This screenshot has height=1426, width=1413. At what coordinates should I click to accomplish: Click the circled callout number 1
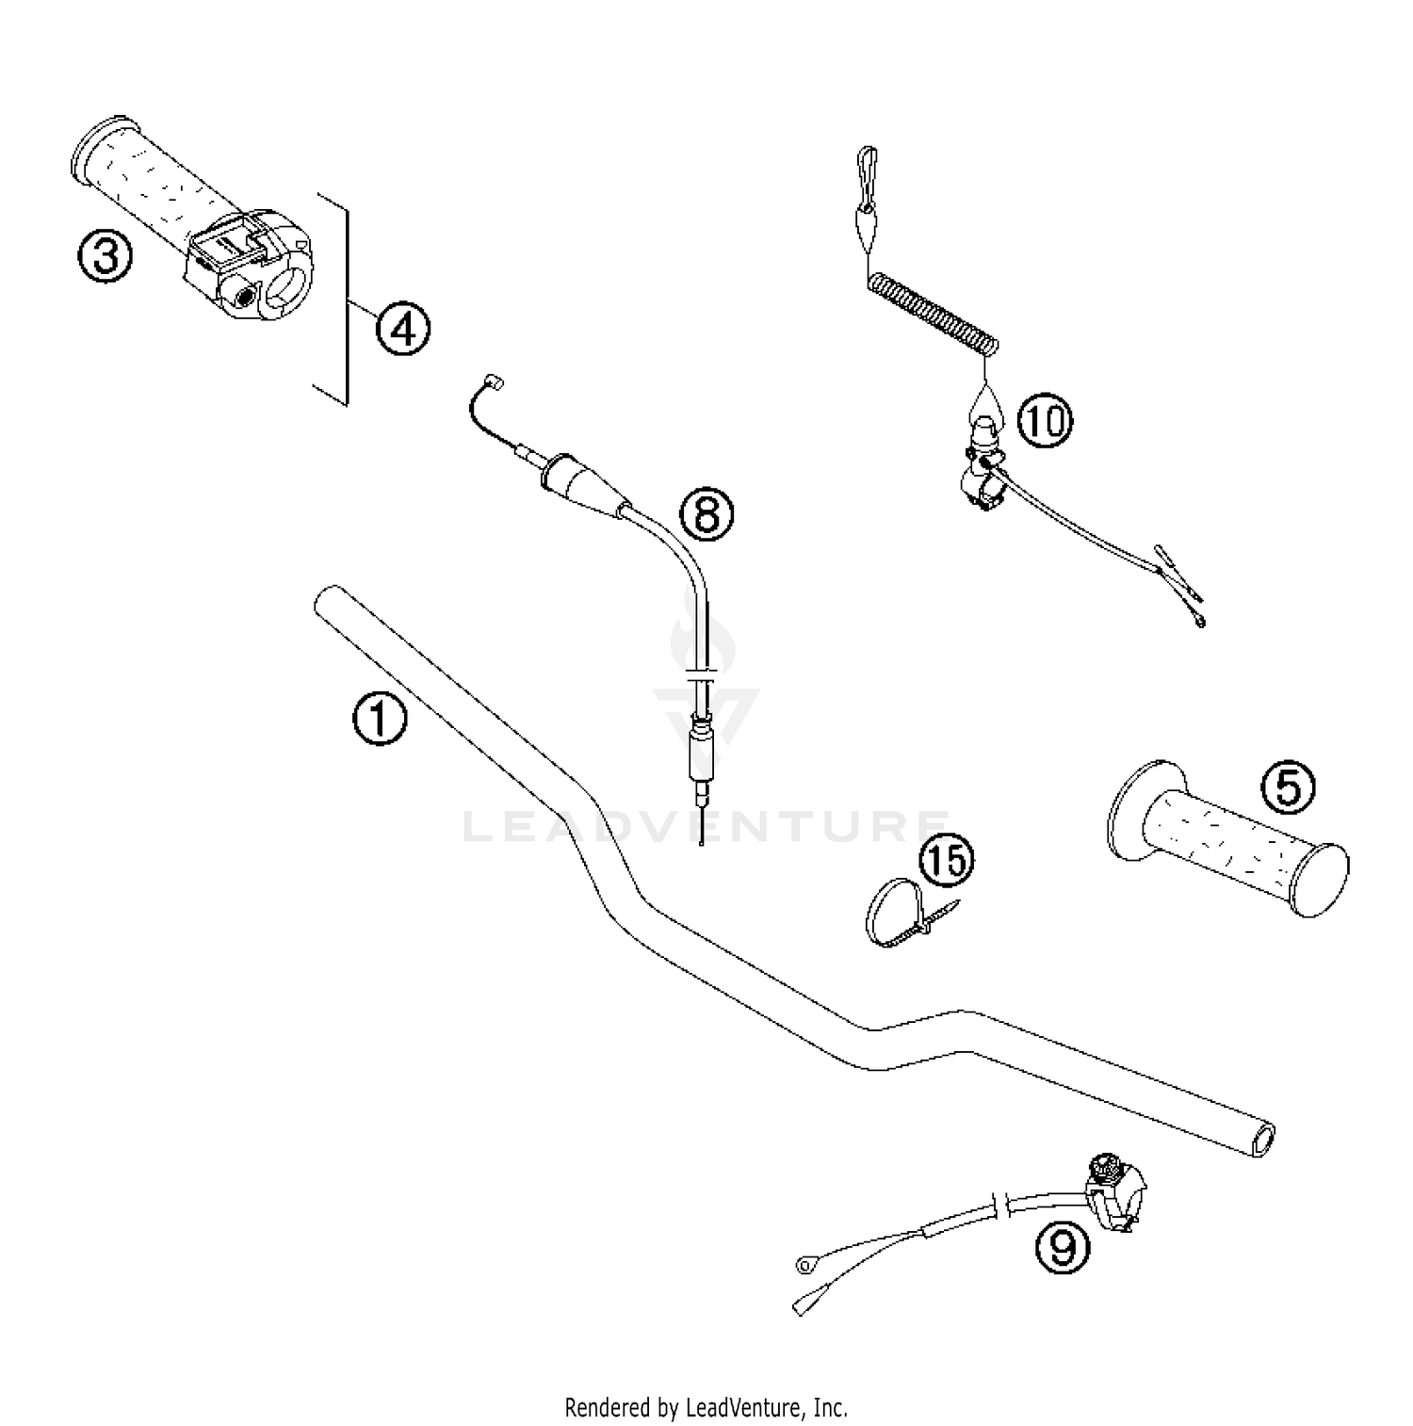380,720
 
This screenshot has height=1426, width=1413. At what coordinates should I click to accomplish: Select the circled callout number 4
403,329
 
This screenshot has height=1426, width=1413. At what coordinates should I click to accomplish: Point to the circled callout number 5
1287,787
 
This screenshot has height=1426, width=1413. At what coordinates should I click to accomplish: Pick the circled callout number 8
706,514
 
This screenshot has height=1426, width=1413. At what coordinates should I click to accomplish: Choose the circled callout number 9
1062,1249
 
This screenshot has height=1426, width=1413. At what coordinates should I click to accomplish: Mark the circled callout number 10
1045,420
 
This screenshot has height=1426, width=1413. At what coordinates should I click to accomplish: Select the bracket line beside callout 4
346,300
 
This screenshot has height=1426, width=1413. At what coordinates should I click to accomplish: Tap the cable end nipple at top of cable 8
490,381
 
